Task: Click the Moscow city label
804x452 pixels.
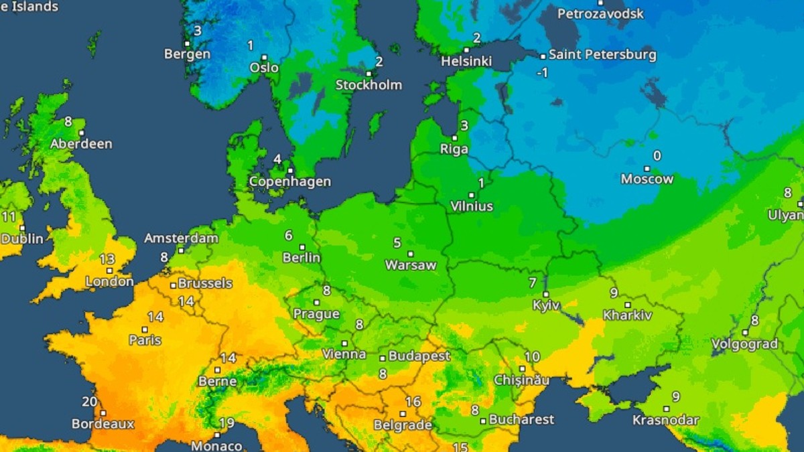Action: pos(647,179)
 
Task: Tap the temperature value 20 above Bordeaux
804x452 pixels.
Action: pos(89,402)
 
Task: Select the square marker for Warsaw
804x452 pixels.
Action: pos(410,254)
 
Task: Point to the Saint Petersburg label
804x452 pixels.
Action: pos(603,55)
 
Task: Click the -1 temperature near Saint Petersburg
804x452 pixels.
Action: pos(542,72)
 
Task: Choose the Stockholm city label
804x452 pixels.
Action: pos(368,85)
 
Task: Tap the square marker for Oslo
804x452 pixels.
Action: pos(265,58)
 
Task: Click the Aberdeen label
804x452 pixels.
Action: pos(81,144)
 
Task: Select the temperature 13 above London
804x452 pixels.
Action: pos(107,259)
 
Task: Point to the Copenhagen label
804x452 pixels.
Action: pos(289,181)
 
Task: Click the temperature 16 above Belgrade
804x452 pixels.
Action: pos(413,402)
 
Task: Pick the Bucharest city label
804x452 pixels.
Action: pos(521,420)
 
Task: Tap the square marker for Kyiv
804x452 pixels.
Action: pos(545,294)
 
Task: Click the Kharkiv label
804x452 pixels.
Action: pos(627,315)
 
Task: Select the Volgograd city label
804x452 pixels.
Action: pos(744,344)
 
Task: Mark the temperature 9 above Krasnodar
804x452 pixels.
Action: pos(676,396)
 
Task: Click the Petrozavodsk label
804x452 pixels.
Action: pos(600,13)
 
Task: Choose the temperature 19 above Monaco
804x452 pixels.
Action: pos(226,423)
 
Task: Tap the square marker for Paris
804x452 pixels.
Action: pos(144,329)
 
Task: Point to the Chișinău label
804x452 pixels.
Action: pos(521,380)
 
